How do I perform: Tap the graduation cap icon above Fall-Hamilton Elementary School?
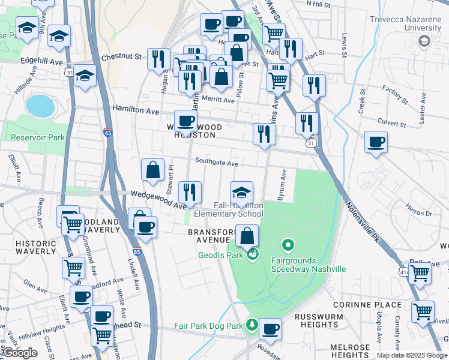[241, 192]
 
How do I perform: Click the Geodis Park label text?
[221, 255]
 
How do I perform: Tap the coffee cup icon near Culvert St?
[376, 142]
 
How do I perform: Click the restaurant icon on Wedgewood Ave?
[190, 192]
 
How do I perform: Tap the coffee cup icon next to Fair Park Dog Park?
[271, 329]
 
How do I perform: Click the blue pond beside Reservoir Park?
[40, 106]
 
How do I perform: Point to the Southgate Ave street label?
[217, 163]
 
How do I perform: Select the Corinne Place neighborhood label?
[375, 305]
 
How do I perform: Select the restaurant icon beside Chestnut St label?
[158, 58]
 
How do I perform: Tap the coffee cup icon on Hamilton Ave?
[185, 121]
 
